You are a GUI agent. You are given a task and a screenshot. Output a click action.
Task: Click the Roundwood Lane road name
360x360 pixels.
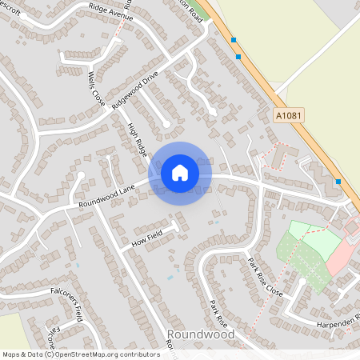(x=106, y=194)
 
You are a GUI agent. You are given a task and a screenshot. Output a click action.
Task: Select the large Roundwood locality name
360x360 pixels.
(x=201, y=334)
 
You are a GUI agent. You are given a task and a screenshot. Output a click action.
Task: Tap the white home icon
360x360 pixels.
(x=180, y=172)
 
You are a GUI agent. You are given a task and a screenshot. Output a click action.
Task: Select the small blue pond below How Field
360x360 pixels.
(x=170, y=277)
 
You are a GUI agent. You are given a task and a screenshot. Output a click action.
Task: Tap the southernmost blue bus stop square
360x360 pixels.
(x=338, y=182)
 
